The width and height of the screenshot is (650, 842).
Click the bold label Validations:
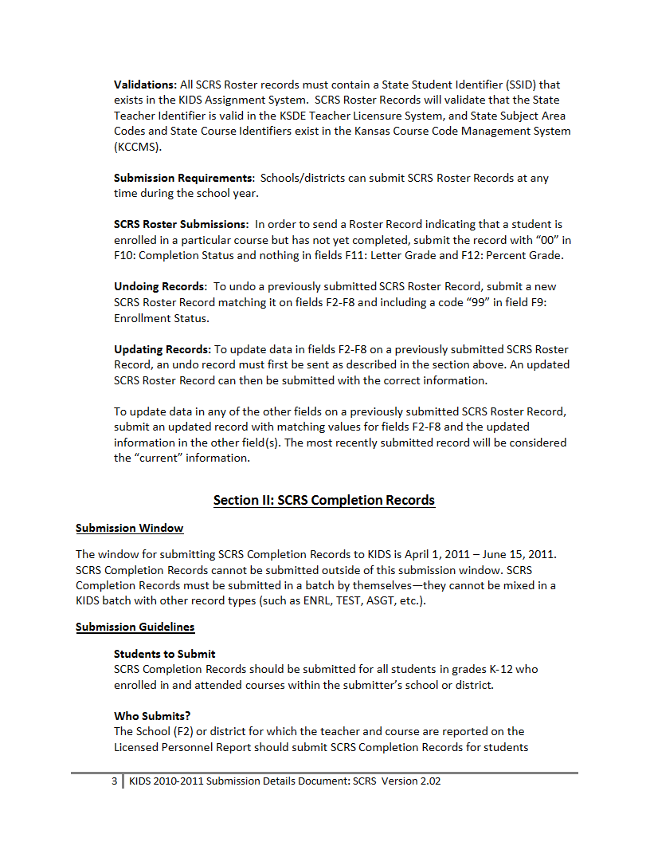145,85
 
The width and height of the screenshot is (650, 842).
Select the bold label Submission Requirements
183,178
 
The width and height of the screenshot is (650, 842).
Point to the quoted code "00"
548,240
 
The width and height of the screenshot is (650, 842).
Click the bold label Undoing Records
159,286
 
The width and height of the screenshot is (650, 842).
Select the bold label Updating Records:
162,349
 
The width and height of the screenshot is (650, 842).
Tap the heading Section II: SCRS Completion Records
324,501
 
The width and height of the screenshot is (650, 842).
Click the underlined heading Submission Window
130,529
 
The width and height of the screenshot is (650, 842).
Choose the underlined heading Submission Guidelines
135,628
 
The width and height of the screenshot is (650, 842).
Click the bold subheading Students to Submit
165,654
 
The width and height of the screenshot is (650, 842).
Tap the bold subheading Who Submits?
152,716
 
